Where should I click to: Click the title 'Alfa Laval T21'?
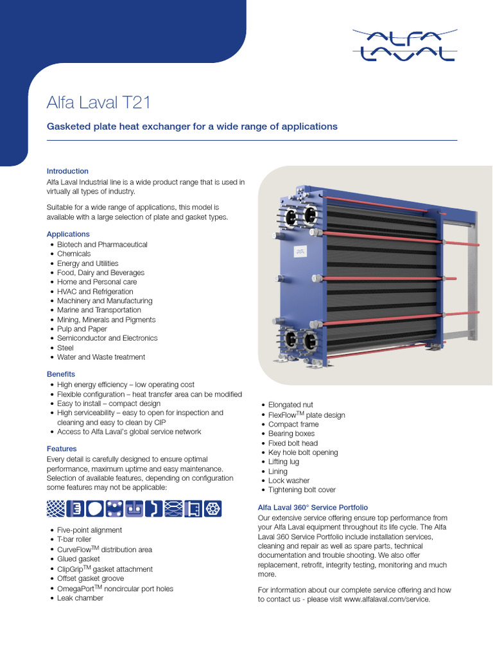coord(99,102)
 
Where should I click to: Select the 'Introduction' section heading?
coord(67,171)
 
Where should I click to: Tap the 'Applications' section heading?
coord(68,234)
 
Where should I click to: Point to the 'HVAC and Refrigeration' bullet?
coord(95,291)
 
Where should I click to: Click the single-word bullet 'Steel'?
coord(66,348)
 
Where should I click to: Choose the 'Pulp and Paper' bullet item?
coord(82,328)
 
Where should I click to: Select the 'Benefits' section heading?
coord(61,374)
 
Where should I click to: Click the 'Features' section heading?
coord(62,449)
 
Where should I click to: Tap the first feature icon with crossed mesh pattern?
coord(56,508)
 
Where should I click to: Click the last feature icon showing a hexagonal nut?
coord(213,508)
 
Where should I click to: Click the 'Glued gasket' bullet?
coord(78,559)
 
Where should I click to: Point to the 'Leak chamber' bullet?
coord(80,598)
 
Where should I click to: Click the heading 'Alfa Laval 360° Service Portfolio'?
coord(313,508)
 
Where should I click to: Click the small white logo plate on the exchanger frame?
coord(300,252)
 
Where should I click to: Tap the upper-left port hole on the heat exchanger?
coord(291,215)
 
